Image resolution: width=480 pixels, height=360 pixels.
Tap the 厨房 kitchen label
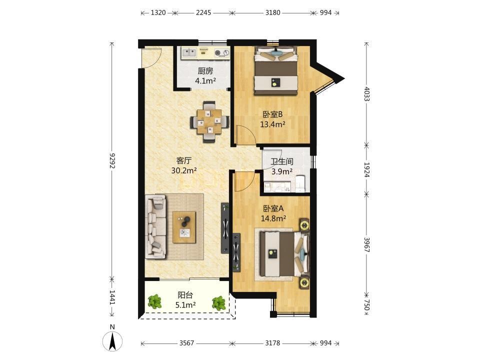205,71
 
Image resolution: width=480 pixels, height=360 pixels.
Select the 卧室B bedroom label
272,114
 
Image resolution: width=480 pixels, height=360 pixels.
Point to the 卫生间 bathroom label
282,161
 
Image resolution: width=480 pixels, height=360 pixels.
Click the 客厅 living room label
184,160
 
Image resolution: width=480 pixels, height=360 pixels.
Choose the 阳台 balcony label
185,295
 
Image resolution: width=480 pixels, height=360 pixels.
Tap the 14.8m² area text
273,218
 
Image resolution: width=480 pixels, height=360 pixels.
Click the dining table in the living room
209,122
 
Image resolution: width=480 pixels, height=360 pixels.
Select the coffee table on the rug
184,227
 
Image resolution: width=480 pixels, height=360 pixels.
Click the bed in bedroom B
276,70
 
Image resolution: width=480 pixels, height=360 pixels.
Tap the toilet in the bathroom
300,183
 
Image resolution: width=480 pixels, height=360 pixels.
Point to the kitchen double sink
189,53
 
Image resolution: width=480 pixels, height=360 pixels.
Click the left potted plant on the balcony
155,301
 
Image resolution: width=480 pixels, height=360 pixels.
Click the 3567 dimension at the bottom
186,343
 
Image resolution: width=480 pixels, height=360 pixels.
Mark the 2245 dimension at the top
203,12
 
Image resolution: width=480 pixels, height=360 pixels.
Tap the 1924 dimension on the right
366,169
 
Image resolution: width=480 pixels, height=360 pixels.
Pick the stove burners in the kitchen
222,53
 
